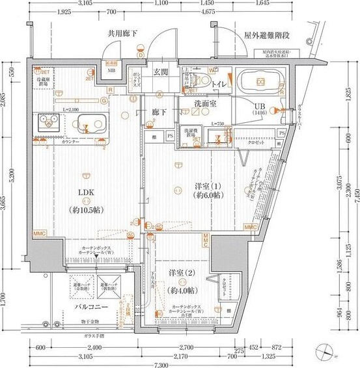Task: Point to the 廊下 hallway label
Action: click(x=159, y=112)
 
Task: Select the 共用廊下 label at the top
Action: click(x=123, y=34)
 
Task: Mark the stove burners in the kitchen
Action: click(x=47, y=120)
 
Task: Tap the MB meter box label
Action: click(x=111, y=70)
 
